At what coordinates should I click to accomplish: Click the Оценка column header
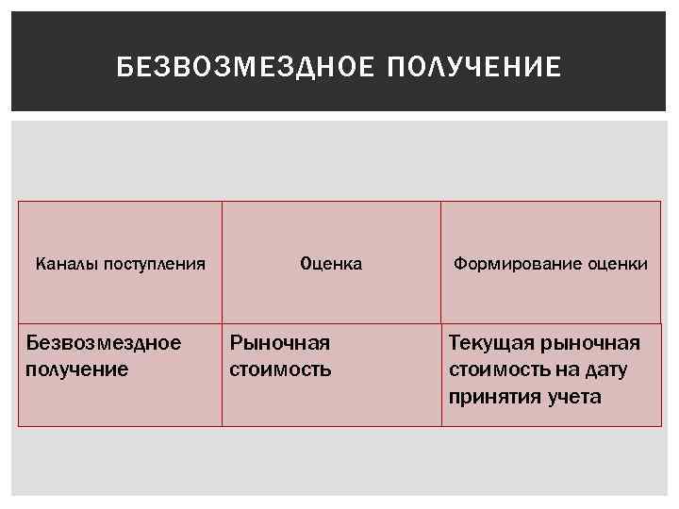click(331, 264)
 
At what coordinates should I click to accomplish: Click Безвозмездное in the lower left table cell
click(104, 342)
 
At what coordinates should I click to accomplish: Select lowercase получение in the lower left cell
click(77, 369)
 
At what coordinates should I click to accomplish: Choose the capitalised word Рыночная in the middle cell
click(280, 342)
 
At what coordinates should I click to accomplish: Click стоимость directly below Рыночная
click(281, 369)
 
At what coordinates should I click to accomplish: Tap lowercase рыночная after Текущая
click(591, 342)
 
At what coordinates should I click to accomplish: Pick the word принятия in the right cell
click(494, 396)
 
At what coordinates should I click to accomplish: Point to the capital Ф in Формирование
click(459, 264)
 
